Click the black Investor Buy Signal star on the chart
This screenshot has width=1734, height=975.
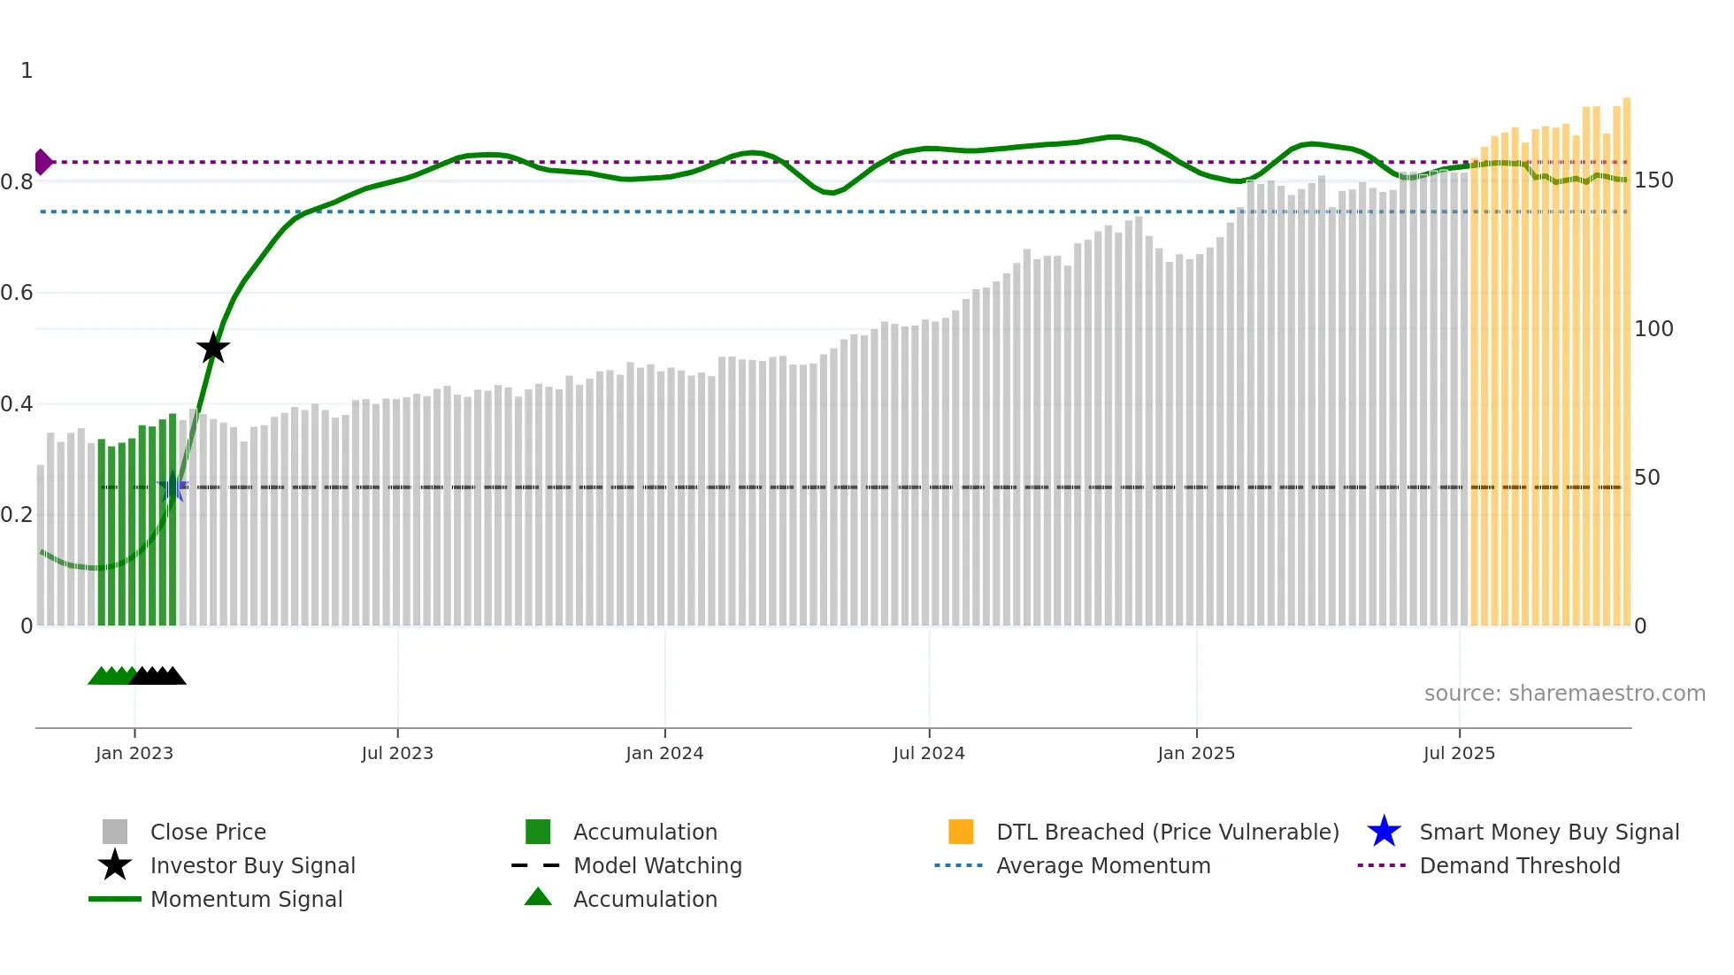[x=212, y=348]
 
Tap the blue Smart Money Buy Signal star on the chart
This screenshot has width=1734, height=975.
[x=173, y=487]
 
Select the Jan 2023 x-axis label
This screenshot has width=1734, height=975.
[x=134, y=753]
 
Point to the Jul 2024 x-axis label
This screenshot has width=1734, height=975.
[x=929, y=753]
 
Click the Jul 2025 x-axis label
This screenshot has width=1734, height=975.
[x=1459, y=753]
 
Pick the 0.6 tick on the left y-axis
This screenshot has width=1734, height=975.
[x=17, y=293]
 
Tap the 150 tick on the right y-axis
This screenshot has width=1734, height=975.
[x=1653, y=180]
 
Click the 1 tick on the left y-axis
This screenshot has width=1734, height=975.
[x=27, y=71]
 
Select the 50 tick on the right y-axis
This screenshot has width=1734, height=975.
[x=1646, y=478]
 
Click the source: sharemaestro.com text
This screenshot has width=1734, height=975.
[x=1564, y=693]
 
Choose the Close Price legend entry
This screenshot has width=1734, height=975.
[x=208, y=832]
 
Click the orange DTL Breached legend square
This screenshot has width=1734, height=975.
[x=961, y=832]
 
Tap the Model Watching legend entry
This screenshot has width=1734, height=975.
[x=657, y=865]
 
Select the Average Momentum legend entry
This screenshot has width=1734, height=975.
[x=1103, y=865]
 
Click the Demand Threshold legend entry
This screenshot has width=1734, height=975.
[x=1519, y=865]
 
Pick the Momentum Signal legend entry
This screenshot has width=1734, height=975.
[x=246, y=899]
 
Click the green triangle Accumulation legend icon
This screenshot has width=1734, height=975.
[x=538, y=897]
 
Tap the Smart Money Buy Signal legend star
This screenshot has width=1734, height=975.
[x=1384, y=832]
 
